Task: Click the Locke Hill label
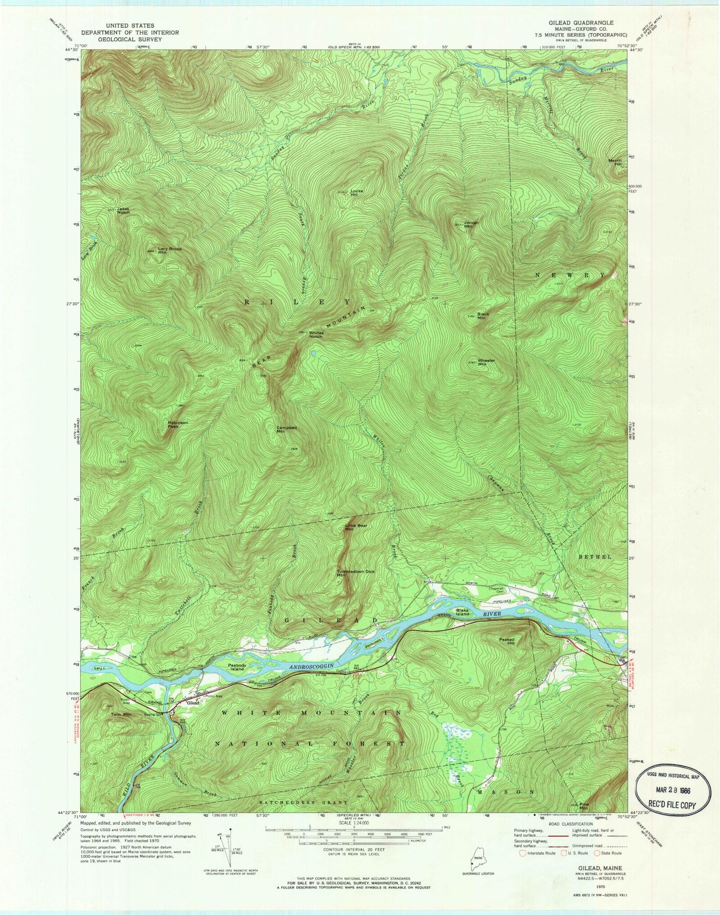click(x=356, y=193)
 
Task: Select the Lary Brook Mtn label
click(x=170, y=250)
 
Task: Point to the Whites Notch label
click(x=316, y=334)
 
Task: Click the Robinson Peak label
click(x=178, y=424)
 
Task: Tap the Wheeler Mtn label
click(x=482, y=362)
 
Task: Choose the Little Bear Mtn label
click(x=356, y=527)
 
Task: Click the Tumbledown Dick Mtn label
click(x=355, y=573)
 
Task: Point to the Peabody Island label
click(x=237, y=667)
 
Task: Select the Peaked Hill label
click(x=506, y=641)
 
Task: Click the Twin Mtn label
click(x=121, y=714)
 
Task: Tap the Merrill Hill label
click(x=614, y=162)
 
